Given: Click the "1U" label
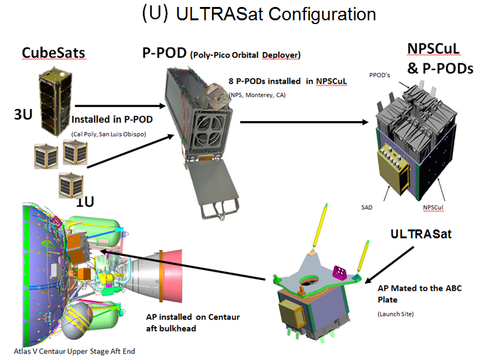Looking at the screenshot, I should click(x=86, y=202).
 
